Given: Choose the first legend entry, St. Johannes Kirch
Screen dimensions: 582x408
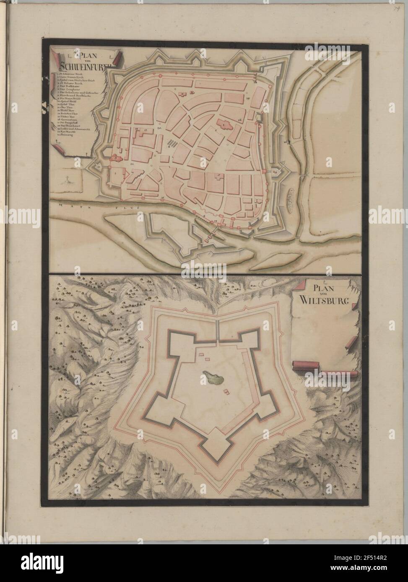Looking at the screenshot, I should tap(71, 75).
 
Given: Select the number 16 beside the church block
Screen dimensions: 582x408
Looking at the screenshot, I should tap(239, 120).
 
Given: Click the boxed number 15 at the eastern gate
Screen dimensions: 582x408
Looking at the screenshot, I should tap(275, 170).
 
